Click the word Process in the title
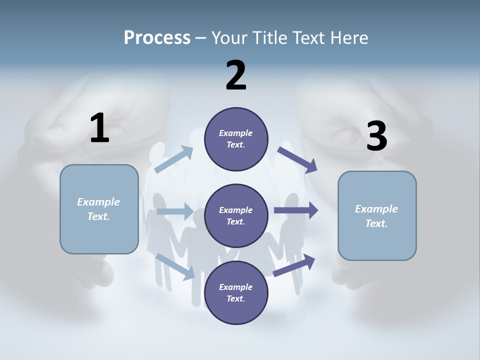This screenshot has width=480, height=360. [157, 37]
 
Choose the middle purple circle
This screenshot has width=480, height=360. [236, 215]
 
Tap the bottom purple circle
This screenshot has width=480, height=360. [236, 292]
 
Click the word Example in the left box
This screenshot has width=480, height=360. [98, 202]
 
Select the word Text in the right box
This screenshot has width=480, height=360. [376, 223]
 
